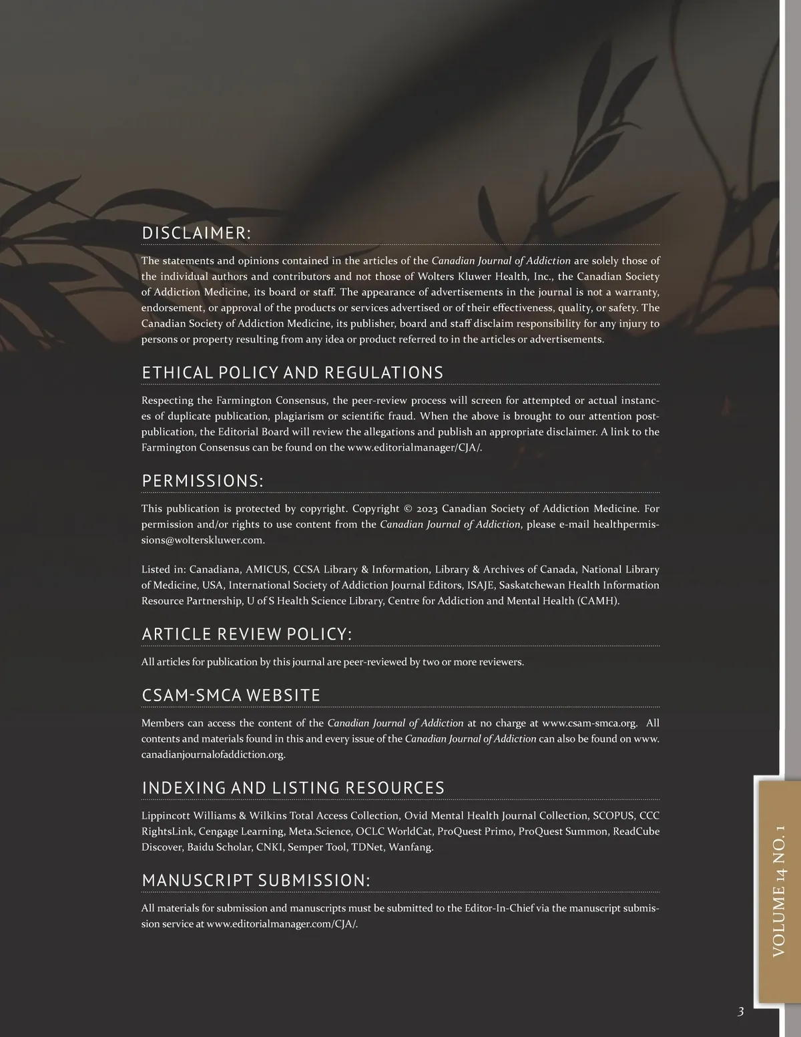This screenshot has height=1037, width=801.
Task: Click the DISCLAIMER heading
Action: (x=196, y=233)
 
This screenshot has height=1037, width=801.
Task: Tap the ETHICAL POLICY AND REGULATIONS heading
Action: (x=292, y=373)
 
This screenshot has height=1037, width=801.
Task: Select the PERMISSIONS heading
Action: (x=202, y=481)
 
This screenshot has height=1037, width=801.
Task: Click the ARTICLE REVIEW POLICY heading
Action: (x=246, y=634)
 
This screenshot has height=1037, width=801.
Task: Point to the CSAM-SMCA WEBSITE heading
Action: (x=231, y=695)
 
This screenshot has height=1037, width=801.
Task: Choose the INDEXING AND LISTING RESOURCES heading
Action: (x=293, y=788)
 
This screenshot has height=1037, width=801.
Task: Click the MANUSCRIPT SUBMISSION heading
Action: (x=256, y=881)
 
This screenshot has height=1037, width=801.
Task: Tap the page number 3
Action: (x=740, y=1012)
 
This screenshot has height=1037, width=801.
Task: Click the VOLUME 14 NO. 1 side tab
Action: (x=778, y=891)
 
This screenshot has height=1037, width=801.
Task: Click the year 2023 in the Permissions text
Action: (x=427, y=509)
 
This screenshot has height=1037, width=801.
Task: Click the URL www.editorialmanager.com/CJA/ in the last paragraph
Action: (x=282, y=924)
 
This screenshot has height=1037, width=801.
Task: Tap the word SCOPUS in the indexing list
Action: (x=613, y=816)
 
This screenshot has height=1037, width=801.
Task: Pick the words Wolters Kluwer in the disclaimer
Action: (x=449, y=276)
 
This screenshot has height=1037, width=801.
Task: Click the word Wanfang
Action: (x=411, y=847)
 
